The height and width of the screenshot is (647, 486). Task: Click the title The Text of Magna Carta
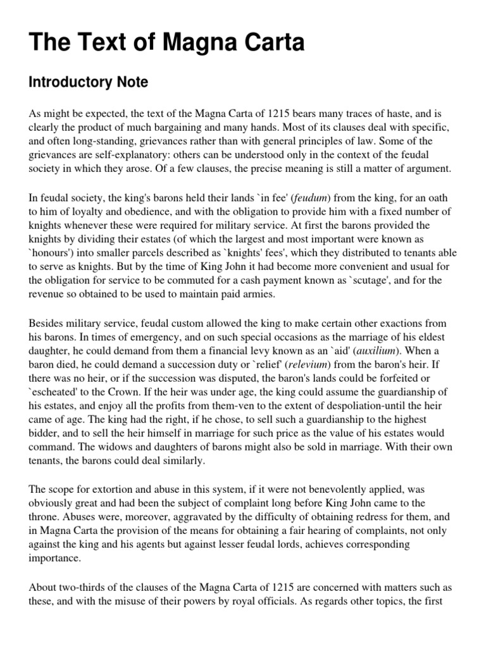coord(158,42)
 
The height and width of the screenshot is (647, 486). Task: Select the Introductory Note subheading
coord(89,82)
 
